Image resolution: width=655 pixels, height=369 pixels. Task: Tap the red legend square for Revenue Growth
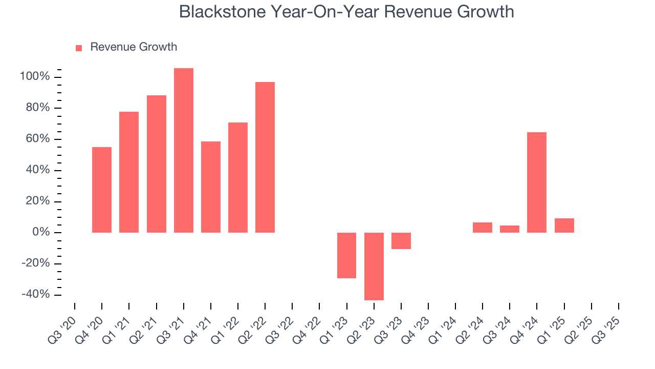79,48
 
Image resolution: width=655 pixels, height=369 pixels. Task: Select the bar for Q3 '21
184,150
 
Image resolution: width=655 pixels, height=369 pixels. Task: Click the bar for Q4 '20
102,190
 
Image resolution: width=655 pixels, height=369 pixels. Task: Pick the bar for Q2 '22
265,157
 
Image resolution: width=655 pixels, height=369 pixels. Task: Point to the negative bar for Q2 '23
374,266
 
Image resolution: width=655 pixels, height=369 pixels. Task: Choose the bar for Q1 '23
346,255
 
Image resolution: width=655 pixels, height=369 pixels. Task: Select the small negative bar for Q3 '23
401,241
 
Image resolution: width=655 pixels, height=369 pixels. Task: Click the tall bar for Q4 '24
537,182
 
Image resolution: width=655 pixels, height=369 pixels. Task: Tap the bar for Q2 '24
483,228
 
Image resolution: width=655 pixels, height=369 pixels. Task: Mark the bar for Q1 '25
564,225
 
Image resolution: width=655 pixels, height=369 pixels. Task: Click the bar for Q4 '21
211,187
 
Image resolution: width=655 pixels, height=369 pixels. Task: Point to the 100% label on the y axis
35,77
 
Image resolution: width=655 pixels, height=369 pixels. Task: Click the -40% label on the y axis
35,295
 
